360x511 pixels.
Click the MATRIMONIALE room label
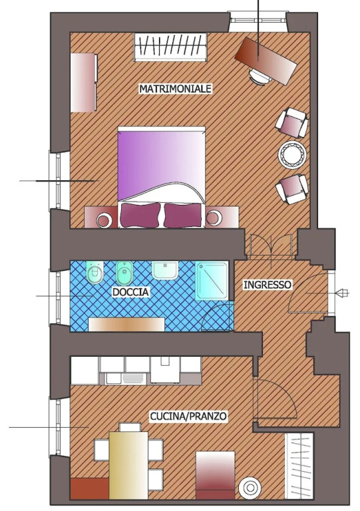click(176, 88)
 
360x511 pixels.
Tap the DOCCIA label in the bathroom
click(130, 291)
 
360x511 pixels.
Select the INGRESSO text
click(268, 285)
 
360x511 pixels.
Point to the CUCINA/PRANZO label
click(188, 416)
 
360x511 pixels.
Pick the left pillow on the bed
click(140, 215)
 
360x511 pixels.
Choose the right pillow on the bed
click(183, 215)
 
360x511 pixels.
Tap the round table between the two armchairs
click(293, 155)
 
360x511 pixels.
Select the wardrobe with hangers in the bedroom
click(171, 47)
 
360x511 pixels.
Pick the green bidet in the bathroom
click(124, 273)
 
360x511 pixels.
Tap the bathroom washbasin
click(165, 270)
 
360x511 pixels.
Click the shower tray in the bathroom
click(212, 280)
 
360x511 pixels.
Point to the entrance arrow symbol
click(342, 293)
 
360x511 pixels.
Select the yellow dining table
click(128, 465)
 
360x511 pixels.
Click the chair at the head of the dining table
click(130, 427)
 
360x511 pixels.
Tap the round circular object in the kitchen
click(250, 488)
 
